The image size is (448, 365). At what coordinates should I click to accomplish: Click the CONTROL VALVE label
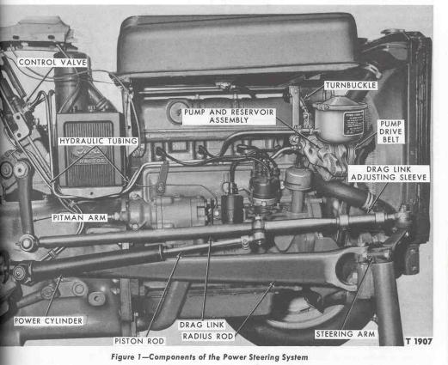point(52,63)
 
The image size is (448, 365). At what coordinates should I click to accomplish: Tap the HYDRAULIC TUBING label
point(99,141)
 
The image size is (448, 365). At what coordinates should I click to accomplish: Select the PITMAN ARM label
point(79,218)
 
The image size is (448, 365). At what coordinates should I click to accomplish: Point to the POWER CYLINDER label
point(48,321)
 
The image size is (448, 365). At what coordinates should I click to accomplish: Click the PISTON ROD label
point(139,341)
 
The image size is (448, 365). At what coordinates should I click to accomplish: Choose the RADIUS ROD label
point(208,336)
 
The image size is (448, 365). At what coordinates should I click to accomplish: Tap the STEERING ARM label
point(345,334)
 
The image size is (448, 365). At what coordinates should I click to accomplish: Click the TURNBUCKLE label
point(351,85)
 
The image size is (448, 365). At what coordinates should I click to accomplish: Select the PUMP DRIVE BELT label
point(390,131)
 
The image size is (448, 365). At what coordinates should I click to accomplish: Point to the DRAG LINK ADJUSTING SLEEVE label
point(389,173)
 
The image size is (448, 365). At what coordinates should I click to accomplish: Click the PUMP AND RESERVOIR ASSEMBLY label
point(229,116)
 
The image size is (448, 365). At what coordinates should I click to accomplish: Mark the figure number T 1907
point(419,341)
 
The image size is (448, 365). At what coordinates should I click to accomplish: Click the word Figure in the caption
point(123,357)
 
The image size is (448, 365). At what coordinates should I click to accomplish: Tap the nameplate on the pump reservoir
point(353,123)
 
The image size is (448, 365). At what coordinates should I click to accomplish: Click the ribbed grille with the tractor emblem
point(89,154)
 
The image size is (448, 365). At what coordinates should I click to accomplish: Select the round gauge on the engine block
point(175,112)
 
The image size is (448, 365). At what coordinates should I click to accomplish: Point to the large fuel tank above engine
point(238,45)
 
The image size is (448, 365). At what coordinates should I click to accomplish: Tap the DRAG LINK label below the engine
point(202,325)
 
